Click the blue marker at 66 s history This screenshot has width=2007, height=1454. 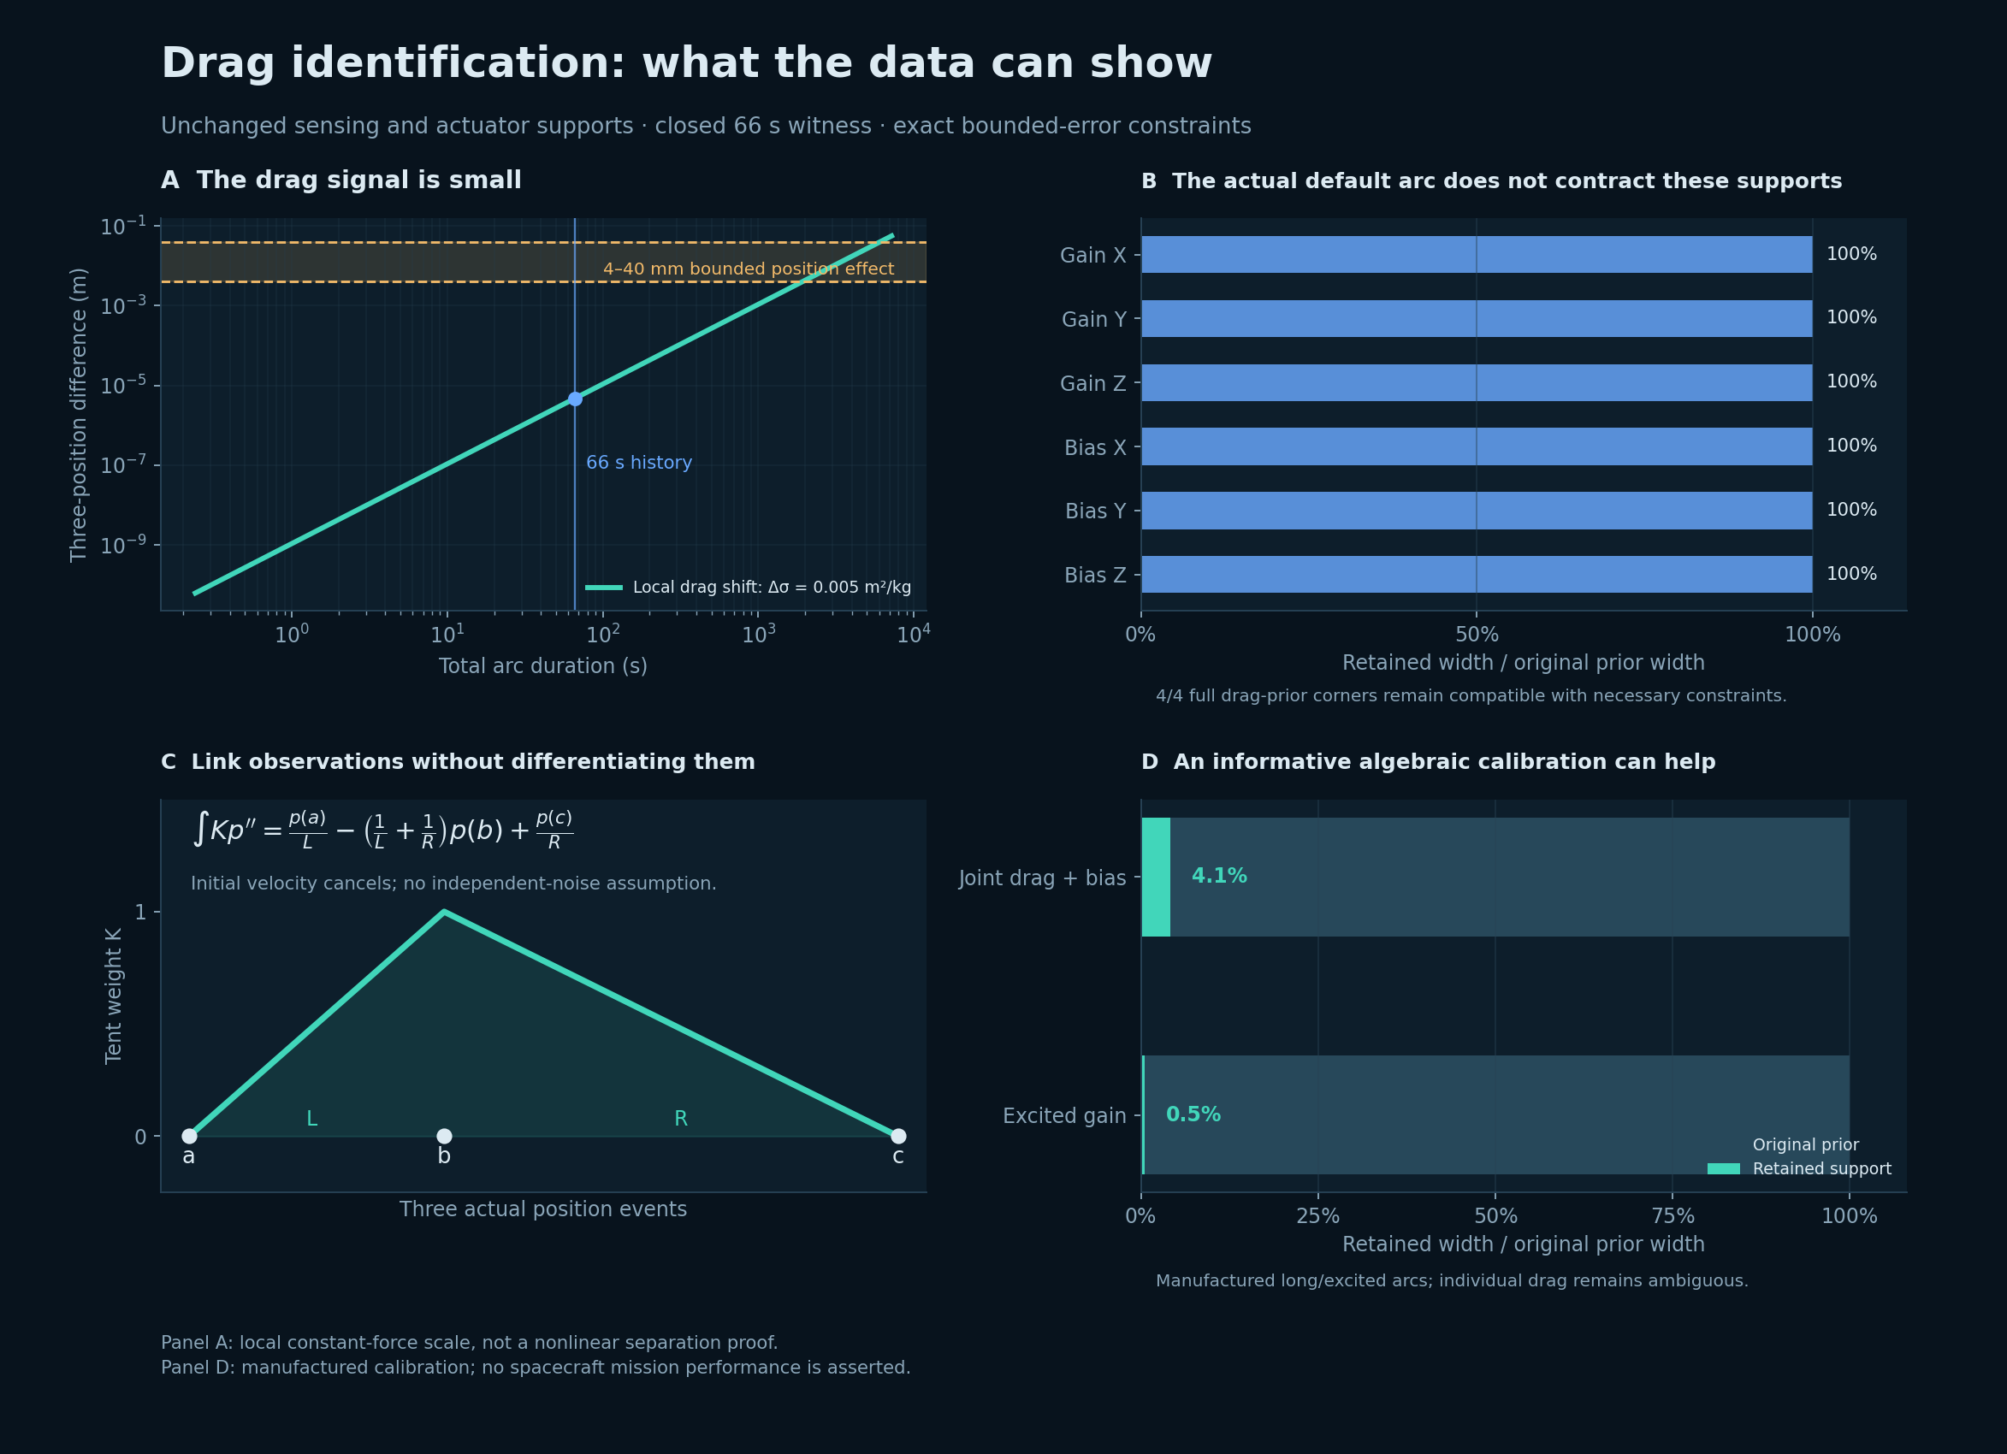tap(575, 399)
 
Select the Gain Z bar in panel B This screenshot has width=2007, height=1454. tap(1476, 382)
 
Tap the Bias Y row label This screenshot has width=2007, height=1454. tap(1096, 511)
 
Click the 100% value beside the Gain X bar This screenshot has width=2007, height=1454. tap(1851, 254)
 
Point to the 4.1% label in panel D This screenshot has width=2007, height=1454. tap(1219, 876)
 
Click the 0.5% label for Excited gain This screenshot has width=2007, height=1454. tap(1193, 1115)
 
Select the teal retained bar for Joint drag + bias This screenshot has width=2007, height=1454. tap(1156, 877)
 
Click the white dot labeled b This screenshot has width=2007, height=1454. tap(444, 1137)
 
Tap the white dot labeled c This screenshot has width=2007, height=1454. tap(898, 1137)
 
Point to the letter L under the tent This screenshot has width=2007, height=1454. tap(311, 1119)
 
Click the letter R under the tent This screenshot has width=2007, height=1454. tap(680, 1119)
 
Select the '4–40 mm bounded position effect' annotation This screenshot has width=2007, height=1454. tap(749, 269)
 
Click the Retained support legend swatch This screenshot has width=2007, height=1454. tap(1724, 1169)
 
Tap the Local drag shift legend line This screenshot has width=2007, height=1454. tap(603, 588)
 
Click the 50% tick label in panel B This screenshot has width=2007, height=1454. tap(1477, 635)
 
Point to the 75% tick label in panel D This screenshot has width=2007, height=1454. tap(1672, 1216)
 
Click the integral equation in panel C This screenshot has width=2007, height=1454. tap(382, 830)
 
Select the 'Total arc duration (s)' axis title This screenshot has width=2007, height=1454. tap(543, 666)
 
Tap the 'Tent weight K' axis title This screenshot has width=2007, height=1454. tap(113, 996)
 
